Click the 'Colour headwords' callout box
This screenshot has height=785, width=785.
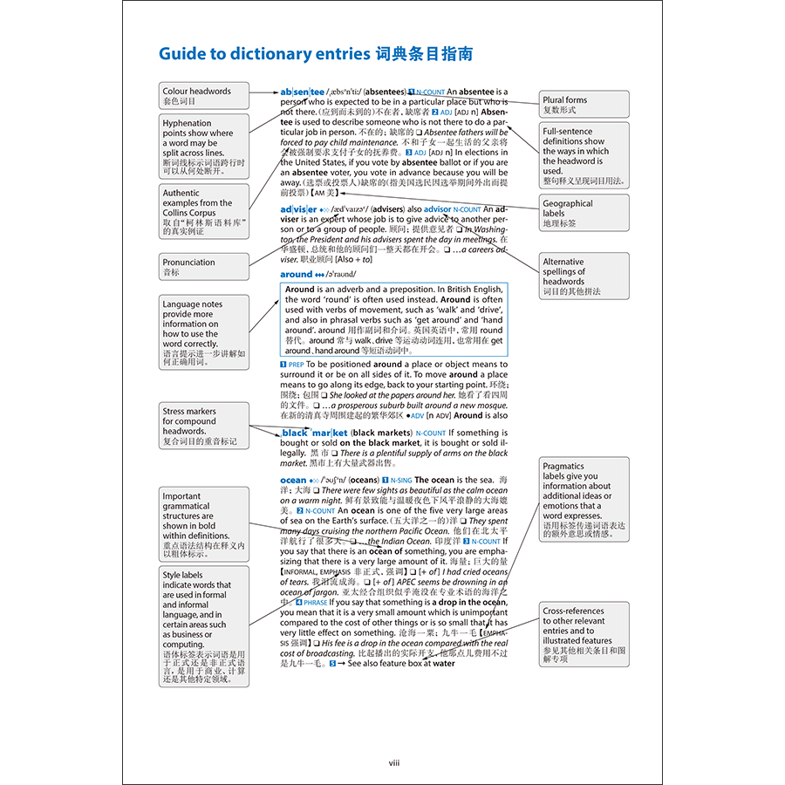(203, 95)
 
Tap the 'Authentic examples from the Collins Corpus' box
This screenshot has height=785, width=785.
(203, 212)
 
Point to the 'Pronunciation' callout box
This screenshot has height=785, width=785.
(203, 266)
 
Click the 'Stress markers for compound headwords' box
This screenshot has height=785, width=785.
(203, 426)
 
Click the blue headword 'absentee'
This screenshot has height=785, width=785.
(302, 92)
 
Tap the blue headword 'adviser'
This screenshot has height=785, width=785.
(299, 209)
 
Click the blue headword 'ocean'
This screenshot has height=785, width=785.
(293, 480)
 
